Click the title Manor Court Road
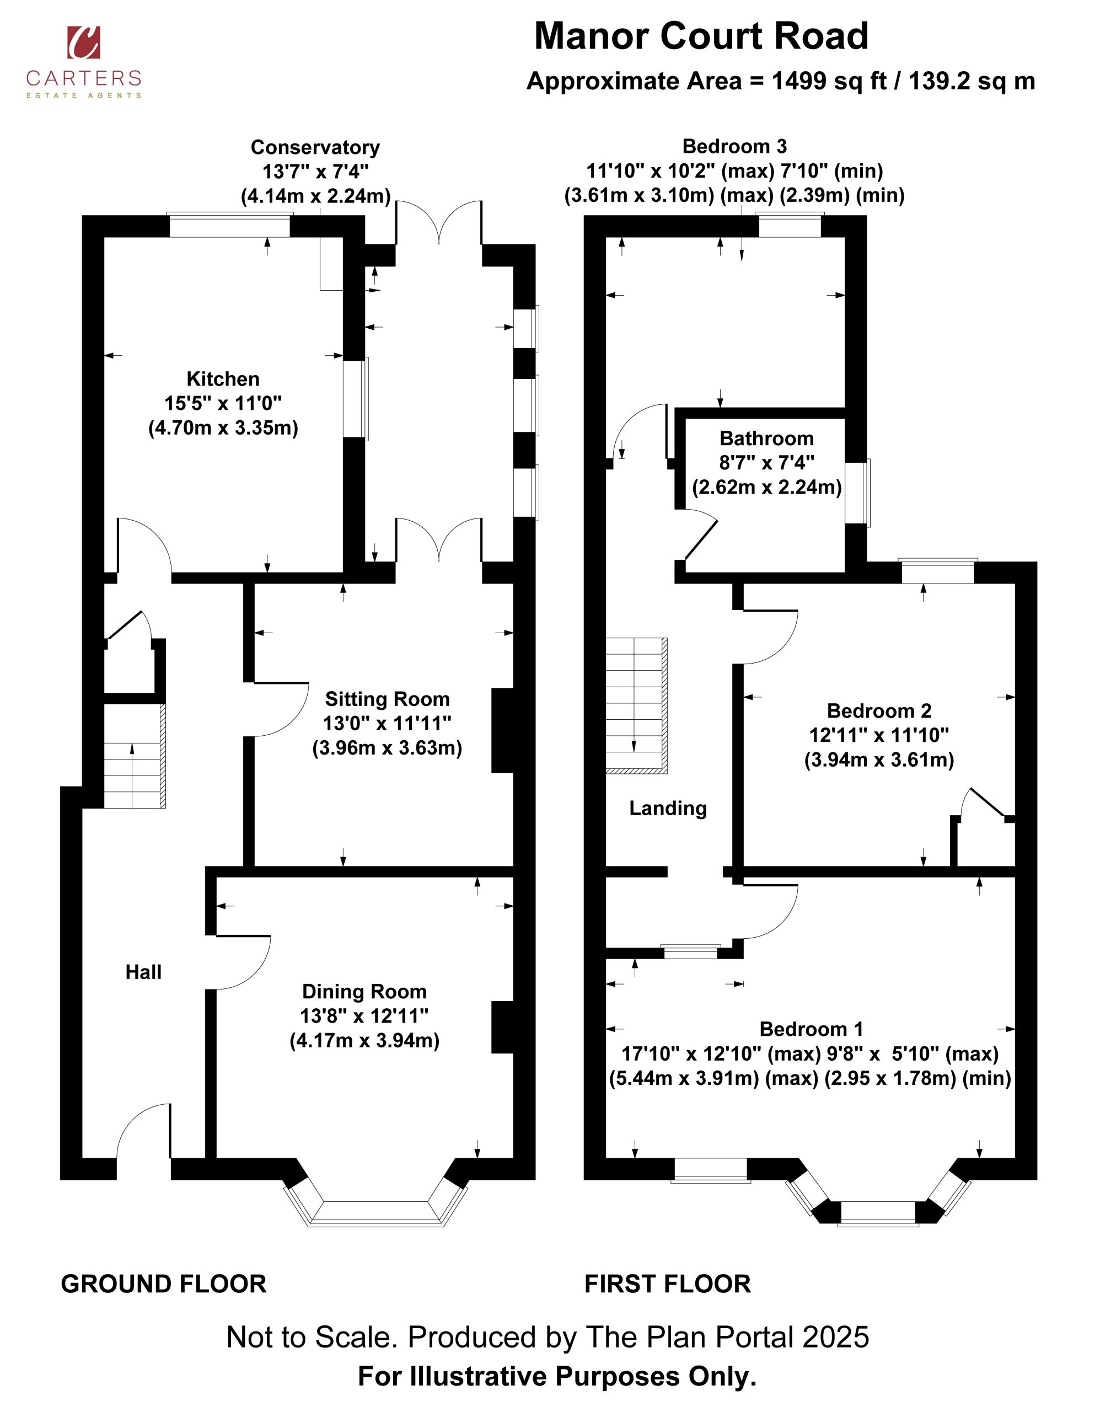pyautogui.click(x=701, y=36)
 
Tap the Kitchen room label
pyautogui.click(x=223, y=379)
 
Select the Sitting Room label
pyautogui.click(x=388, y=699)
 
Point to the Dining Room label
pyautogui.click(x=364, y=992)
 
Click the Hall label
pyautogui.click(x=143, y=972)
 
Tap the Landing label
pyautogui.click(x=668, y=808)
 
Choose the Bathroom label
pyautogui.click(x=767, y=438)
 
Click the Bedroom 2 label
pyautogui.click(x=879, y=710)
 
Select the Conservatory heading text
pyautogui.click(x=315, y=148)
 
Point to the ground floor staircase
pyautogui.click(x=135, y=756)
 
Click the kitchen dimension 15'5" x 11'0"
pyautogui.click(x=223, y=403)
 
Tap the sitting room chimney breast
pyautogui.click(x=503, y=731)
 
